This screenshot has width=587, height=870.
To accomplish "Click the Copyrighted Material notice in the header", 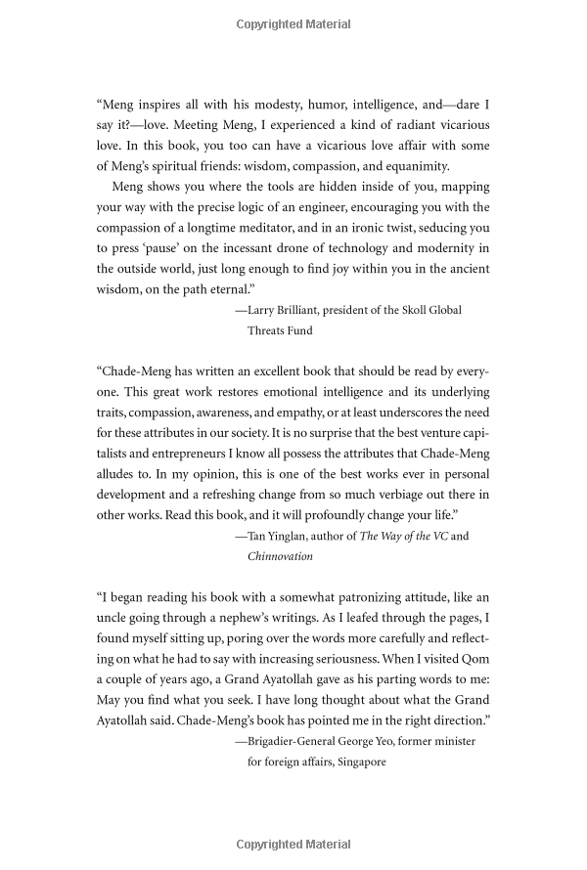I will coord(293,21).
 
